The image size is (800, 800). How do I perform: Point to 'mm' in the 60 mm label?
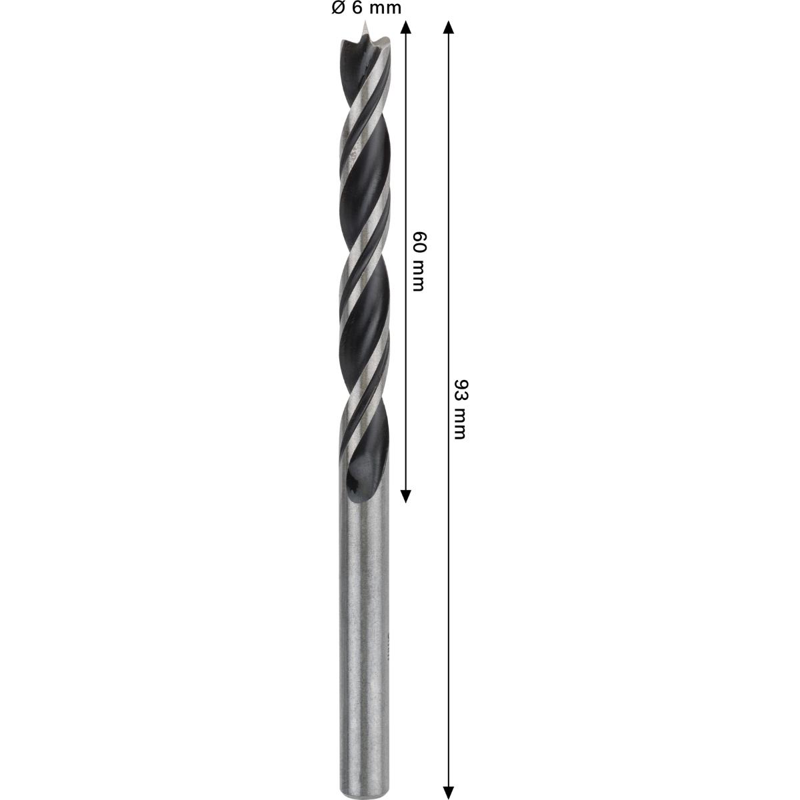418,275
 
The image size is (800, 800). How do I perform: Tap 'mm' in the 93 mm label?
459,424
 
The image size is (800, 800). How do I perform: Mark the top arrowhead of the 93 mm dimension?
448,28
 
